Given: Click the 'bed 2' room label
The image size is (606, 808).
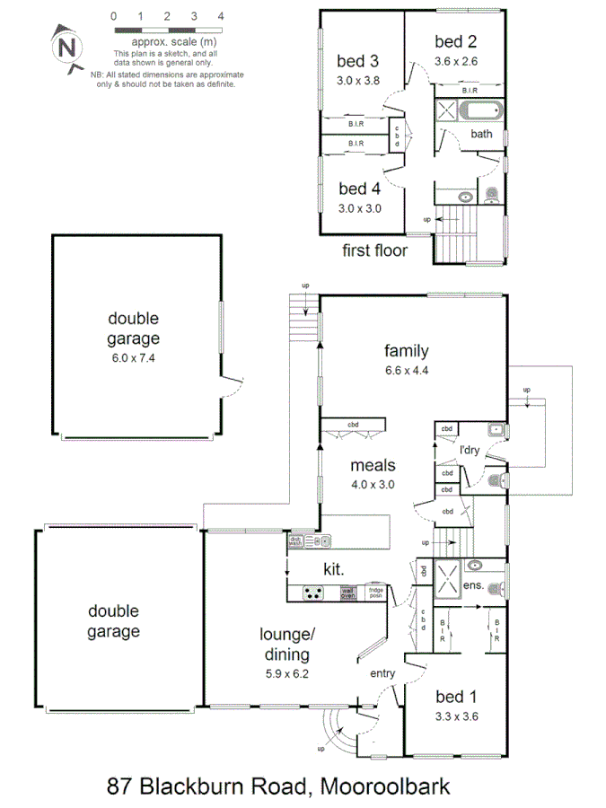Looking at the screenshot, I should [455, 41].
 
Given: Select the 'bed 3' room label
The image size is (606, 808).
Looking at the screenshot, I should [356, 61].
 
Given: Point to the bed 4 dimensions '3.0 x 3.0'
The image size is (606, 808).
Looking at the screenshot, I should [358, 208].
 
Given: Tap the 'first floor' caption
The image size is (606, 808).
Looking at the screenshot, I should [374, 250].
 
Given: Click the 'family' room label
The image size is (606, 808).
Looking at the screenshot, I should [407, 351].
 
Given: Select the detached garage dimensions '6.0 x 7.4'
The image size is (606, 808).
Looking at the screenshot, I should [134, 357].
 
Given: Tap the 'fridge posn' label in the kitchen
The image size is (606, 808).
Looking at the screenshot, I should [376, 593].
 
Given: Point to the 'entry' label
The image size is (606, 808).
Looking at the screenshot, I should [382, 673].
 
